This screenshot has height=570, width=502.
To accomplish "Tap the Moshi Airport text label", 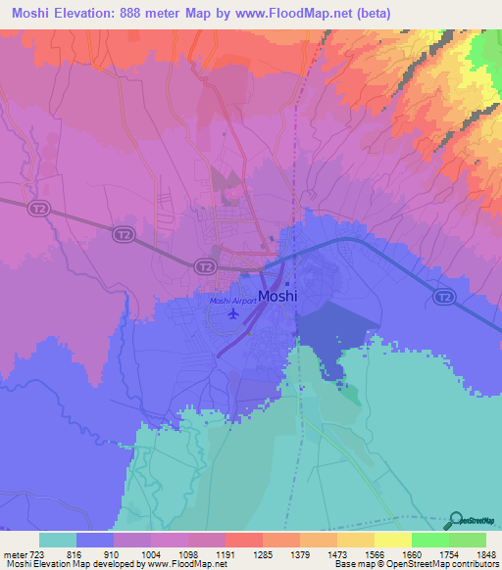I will click(x=232, y=302).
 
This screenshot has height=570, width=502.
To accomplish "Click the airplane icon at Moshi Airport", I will click(x=232, y=314).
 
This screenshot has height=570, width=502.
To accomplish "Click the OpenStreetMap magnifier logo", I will click(x=457, y=521).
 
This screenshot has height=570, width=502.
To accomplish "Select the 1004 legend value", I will click(x=150, y=552).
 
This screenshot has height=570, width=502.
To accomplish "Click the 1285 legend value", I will click(x=262, y=552).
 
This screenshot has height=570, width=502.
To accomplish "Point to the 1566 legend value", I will click(x=374, y=552).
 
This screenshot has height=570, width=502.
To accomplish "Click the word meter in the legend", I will click(x=15, y=552).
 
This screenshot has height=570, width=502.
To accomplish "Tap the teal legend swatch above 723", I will click(x=58, y=540).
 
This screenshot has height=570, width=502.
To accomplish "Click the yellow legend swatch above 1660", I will click(x=393, y=540).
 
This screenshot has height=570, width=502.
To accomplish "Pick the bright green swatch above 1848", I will click(x=468, y=540).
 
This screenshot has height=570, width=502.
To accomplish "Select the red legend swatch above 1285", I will click(x=244, y=540).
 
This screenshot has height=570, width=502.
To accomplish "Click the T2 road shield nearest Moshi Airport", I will click(x=203, y=265).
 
